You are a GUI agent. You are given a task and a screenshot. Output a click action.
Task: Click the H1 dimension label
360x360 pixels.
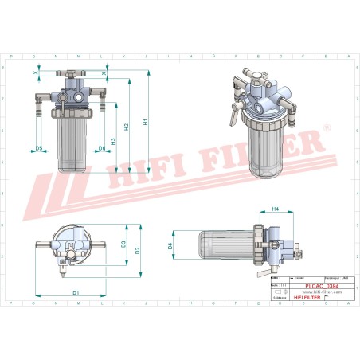tap(146, 121)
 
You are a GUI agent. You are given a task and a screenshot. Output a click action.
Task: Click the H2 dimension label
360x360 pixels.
tap(127, 127)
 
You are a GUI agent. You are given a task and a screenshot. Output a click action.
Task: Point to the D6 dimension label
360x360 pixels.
tap(102, 149)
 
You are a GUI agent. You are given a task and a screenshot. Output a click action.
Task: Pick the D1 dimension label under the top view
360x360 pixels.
tap(76, 293)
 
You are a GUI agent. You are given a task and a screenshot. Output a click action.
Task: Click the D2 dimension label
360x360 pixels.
tap(137, 250)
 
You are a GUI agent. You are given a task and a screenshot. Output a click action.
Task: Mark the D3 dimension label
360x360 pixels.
tap(123, 244)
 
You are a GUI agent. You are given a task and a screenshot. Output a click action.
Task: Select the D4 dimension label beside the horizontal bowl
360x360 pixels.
tap(170, 246)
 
